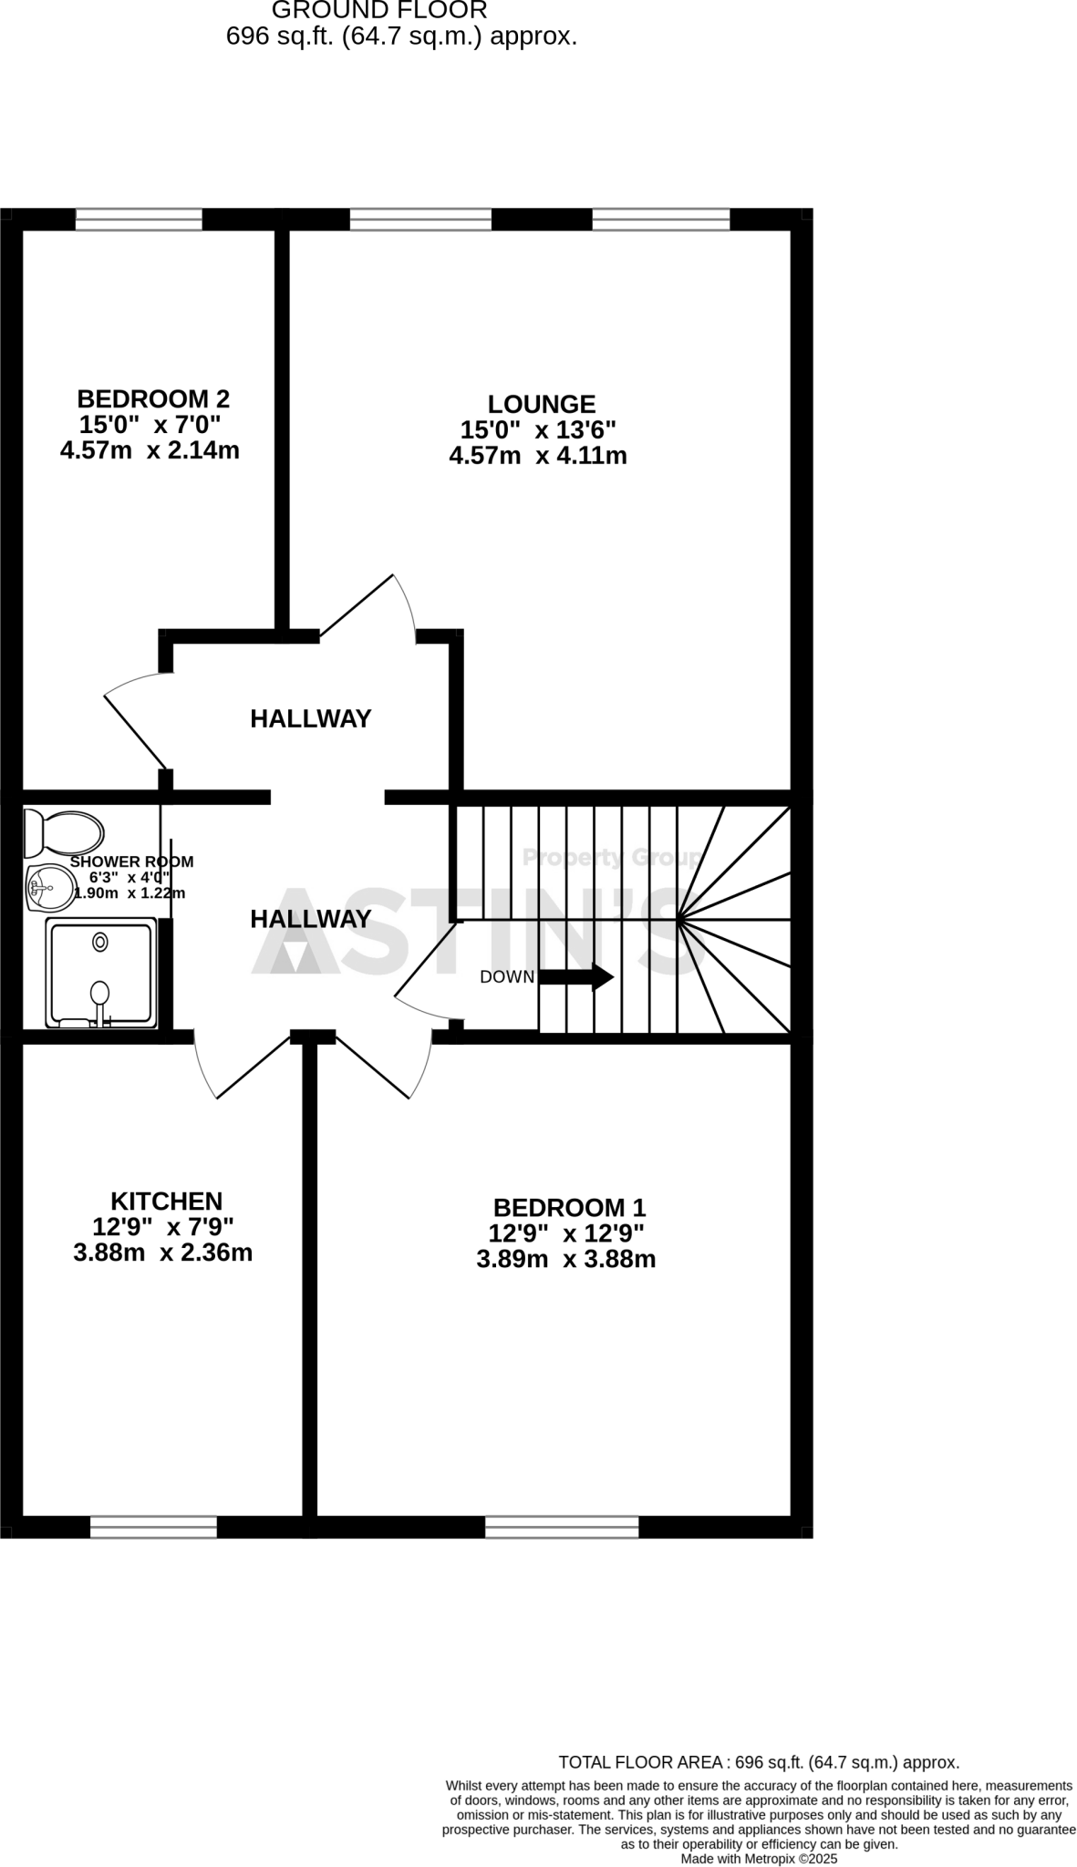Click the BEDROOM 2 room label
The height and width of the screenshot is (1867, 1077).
153,399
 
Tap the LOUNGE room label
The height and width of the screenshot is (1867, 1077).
541,404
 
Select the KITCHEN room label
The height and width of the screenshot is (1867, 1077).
166,1202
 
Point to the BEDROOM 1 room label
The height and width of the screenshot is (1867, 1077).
569,1208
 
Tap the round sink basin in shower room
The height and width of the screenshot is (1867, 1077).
52,885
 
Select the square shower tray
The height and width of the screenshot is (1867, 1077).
100,973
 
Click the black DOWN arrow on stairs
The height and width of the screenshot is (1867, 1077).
576,977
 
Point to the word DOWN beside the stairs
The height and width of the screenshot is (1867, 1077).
507,977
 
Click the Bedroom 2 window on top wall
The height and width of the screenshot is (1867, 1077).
139,219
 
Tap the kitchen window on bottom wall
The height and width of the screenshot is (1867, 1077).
153,1527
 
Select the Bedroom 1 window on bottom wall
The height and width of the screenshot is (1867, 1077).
562,1527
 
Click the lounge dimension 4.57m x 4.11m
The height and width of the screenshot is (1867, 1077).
538,456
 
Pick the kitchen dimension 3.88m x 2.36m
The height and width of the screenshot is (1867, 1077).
162,1253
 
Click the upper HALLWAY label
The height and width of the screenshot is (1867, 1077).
310,719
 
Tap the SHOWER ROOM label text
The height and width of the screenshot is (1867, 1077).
131,861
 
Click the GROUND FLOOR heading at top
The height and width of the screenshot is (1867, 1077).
379,11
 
